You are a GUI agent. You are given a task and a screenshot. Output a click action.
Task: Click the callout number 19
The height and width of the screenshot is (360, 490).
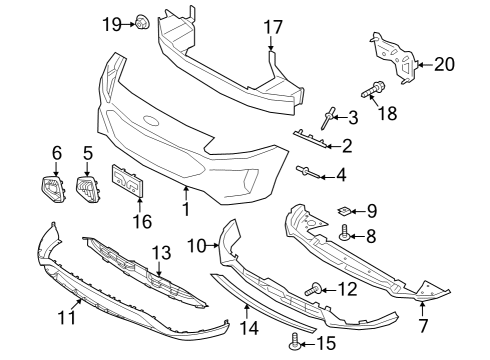click(x=110, y=22)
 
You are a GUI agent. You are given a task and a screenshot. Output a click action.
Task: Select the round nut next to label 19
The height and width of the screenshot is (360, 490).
click(x=142, y=20)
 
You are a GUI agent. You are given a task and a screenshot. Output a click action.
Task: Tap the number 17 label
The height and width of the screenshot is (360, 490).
click(x=273, y=27)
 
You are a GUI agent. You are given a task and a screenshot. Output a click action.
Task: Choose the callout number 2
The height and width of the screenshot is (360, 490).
click(x=347, y=147)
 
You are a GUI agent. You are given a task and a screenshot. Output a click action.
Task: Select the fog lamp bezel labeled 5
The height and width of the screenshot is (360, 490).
click(x=87, y=188)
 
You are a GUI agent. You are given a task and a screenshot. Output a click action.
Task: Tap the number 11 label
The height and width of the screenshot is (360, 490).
click(x=67, y=318)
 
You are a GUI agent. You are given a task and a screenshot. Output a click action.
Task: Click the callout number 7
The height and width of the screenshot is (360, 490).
click(x=422, y=324)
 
